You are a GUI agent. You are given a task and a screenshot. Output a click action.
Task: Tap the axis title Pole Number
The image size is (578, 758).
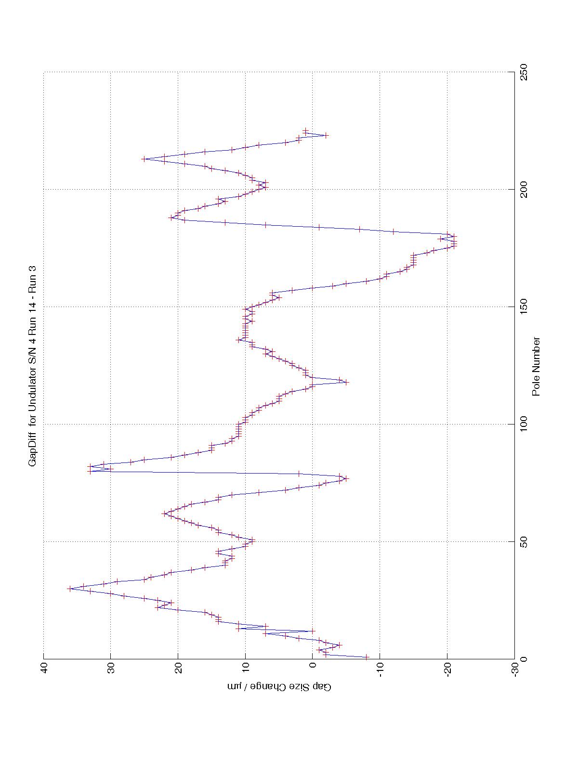click(x=536, y=366)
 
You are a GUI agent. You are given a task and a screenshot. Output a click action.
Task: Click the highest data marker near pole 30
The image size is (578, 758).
click(x=70, y=589)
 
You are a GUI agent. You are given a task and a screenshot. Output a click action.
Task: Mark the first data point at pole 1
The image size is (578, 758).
click(x=367, y=656)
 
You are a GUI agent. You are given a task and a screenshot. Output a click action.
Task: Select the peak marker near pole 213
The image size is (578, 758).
click(x=144, y=159)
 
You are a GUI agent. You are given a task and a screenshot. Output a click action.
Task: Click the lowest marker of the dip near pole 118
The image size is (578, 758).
click(x=346, y=382)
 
